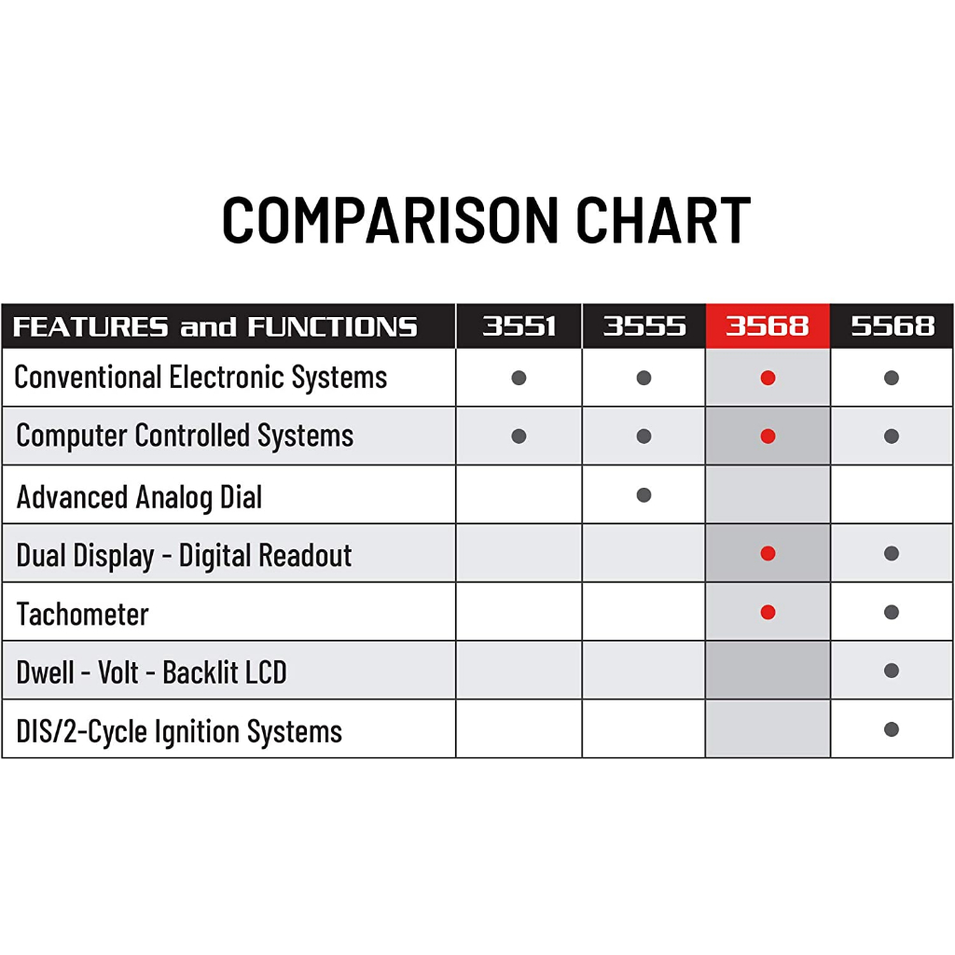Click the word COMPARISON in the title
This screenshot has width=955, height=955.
tap(391, 220)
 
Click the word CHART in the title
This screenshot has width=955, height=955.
tap(663, 220)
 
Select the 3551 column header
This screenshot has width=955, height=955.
tap(519, 326)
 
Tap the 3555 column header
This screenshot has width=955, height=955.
tap(644, 326)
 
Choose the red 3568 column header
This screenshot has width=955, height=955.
tap(768, 326)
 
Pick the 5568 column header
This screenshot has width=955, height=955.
tap(893, 326)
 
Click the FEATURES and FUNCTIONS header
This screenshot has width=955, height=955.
tap(215, 327)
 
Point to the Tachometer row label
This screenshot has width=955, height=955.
tap(82, 614)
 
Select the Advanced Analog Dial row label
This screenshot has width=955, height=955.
tap(139, 497)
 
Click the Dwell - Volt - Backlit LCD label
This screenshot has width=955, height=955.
tap(151, 672)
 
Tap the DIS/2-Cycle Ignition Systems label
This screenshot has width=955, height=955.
tap(179, 731)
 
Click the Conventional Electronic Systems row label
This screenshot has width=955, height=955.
tap(201, 377)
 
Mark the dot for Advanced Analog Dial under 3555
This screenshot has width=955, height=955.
tap(644, 495)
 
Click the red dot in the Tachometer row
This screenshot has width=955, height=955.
tap(768, 612)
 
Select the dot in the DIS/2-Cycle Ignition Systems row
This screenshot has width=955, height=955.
tap(892, 729)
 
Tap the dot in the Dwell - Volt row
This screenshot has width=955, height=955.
tap(892, 671)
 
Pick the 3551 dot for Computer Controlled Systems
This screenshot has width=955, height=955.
tap(519, 436)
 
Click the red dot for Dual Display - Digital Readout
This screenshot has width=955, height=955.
tap(768, 554)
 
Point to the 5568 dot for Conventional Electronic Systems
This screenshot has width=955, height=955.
tap(892, 378)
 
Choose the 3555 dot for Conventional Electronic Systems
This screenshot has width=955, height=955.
tap(644, 378)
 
